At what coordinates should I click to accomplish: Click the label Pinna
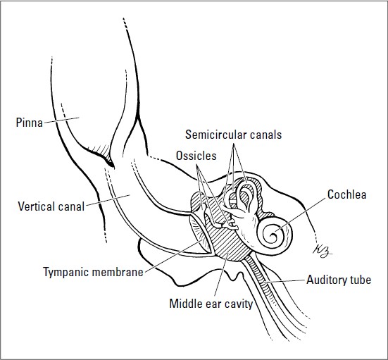28,121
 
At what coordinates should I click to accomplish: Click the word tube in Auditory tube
360,280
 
